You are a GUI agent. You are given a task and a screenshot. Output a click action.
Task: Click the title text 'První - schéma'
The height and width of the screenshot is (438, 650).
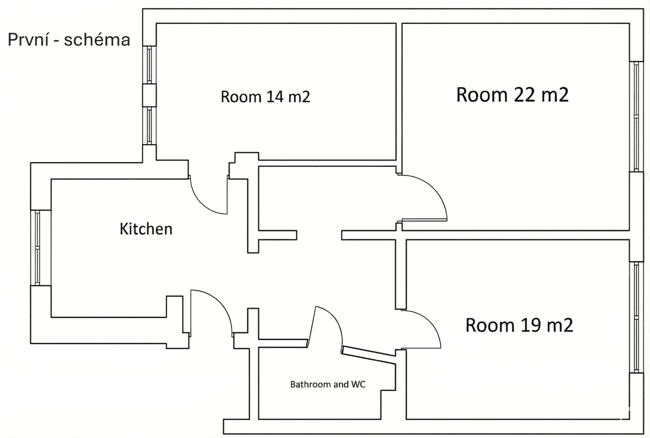tap(69, 40)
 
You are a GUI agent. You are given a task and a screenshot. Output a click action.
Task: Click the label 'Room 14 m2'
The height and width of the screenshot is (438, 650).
tap(265, 97)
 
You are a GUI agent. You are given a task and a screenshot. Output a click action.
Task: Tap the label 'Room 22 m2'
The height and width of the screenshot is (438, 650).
tap(512, 95)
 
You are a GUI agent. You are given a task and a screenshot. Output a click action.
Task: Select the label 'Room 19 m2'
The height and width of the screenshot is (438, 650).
tap(519, 325)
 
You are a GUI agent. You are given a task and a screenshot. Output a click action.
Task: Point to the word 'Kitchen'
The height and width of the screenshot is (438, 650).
tap(146, 229)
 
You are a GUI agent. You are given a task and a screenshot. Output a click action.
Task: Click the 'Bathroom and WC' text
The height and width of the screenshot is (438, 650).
tap(327, 384)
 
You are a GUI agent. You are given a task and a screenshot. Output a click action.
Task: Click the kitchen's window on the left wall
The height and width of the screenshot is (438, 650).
tap(37, 247)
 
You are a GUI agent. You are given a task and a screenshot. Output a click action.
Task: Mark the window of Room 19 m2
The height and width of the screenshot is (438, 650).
tap(636, 317)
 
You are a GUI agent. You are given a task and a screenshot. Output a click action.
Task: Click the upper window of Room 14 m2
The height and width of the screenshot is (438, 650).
tap(149, 64)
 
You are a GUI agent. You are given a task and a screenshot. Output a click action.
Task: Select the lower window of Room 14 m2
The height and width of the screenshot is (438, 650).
tap(149, 126)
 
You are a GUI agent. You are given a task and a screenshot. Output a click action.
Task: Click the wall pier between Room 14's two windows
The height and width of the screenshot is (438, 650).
tap(149, 95)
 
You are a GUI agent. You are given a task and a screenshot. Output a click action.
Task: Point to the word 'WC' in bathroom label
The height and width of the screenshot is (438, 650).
tap(358, 384)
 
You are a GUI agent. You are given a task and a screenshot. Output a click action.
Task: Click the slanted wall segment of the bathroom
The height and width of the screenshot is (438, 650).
tap(369, 355)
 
